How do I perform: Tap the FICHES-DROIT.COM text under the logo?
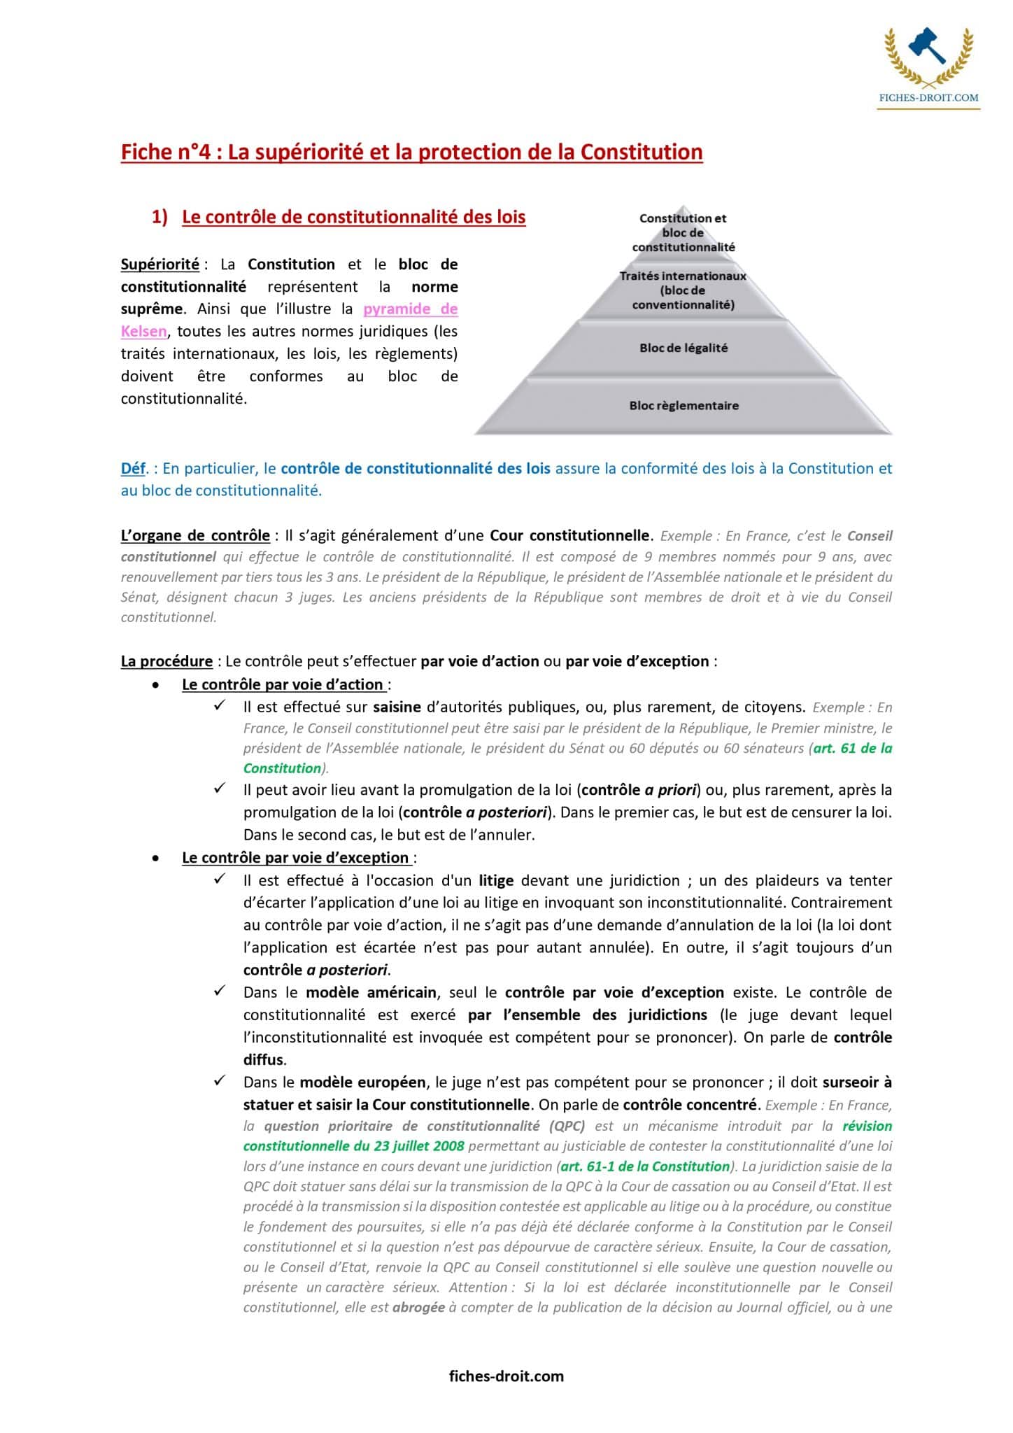[x=928, y=99]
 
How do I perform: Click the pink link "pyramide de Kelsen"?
[x=410, y=309]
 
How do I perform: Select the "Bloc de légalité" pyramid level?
[x=683, y=348]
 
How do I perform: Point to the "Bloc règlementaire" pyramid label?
[x=683, y=406]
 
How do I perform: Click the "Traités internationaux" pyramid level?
[x=683, y=290]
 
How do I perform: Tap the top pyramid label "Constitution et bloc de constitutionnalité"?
[x=683, y=232]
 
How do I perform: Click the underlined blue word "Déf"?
[x=132, y=469]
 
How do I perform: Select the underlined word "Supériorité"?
[x=160, y=264]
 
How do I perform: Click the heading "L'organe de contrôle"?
[x=195, y=536]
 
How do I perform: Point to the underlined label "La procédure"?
[x=167, y=661]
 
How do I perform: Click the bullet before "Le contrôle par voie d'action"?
[x=156, y=685]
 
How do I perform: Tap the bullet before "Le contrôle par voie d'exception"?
[x=156, y=859]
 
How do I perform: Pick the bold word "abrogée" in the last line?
[x=418, y=1307]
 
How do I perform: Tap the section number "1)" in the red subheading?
[x=160, y=218]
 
